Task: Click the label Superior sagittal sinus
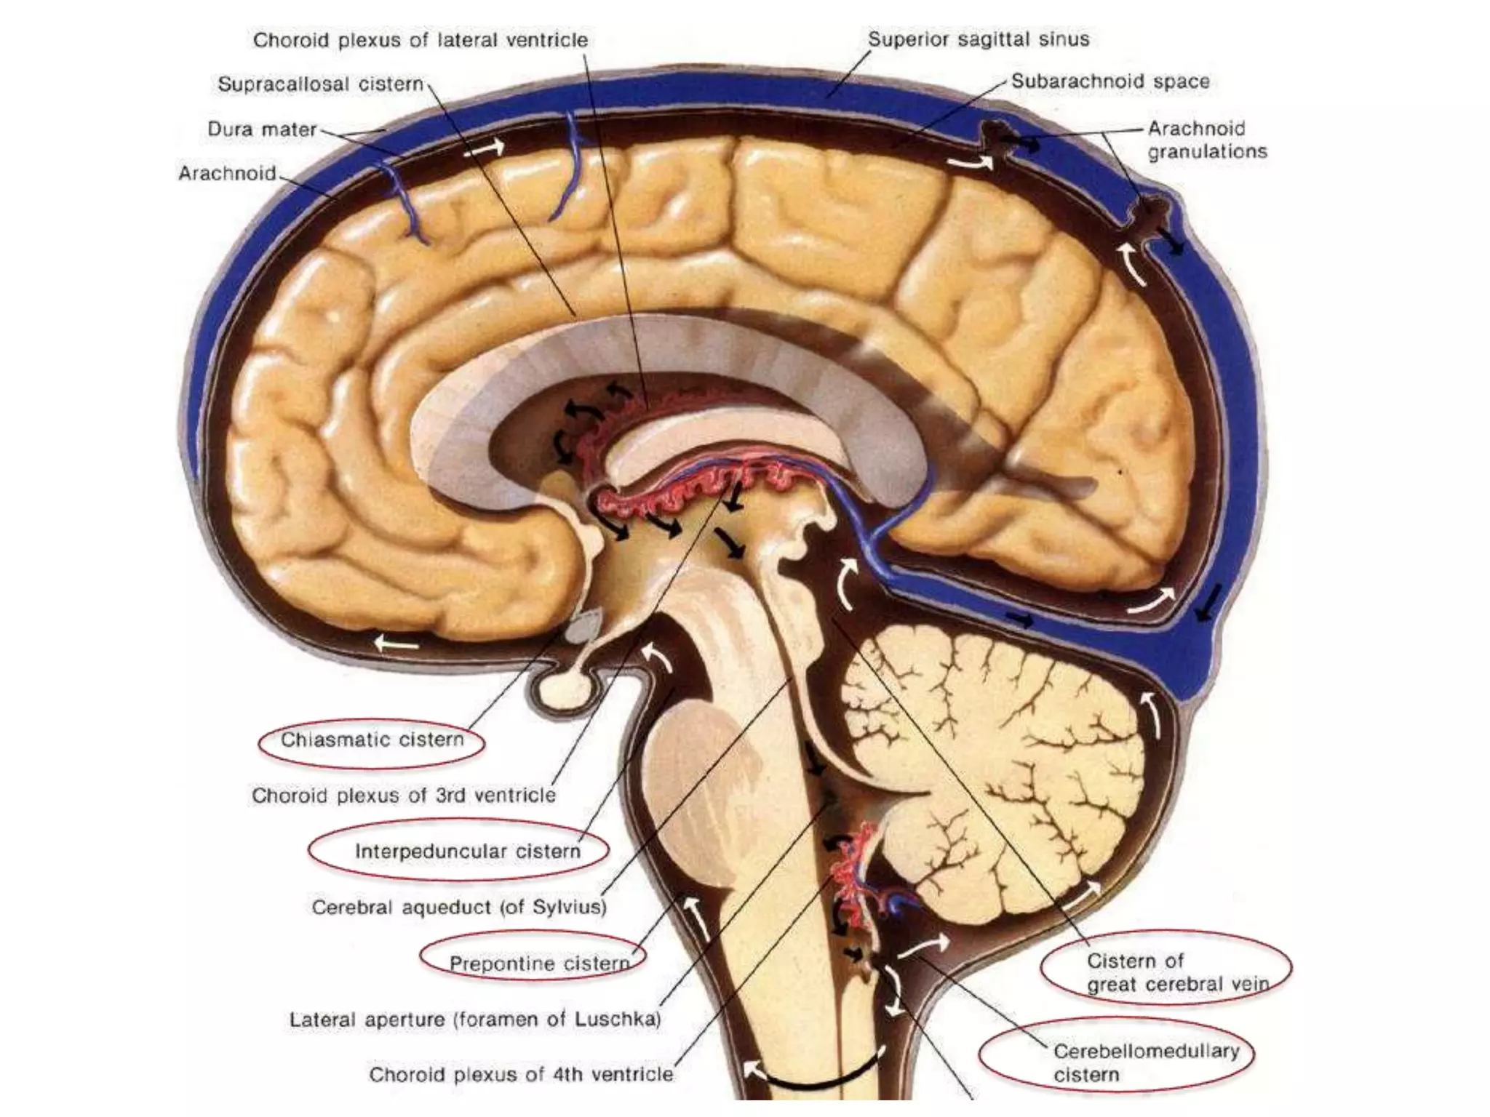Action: point(979,39)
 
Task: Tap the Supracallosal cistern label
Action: point(320,84)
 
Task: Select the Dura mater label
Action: point(262,129)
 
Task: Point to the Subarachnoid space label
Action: point(1110,81)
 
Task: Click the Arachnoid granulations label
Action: point(1207,140)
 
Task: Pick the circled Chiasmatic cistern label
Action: point(372,740)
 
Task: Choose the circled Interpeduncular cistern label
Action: point(467,851)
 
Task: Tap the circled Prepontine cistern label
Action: point(538,964)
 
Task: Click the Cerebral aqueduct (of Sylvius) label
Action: point(459,908)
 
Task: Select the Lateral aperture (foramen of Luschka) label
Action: point(475,1020)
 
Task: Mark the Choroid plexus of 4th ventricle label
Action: point(521,1074)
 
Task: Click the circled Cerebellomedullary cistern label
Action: point(1145,1062)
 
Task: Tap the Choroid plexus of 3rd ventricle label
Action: point(404,796)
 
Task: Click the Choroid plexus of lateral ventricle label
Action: point(420,40)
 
